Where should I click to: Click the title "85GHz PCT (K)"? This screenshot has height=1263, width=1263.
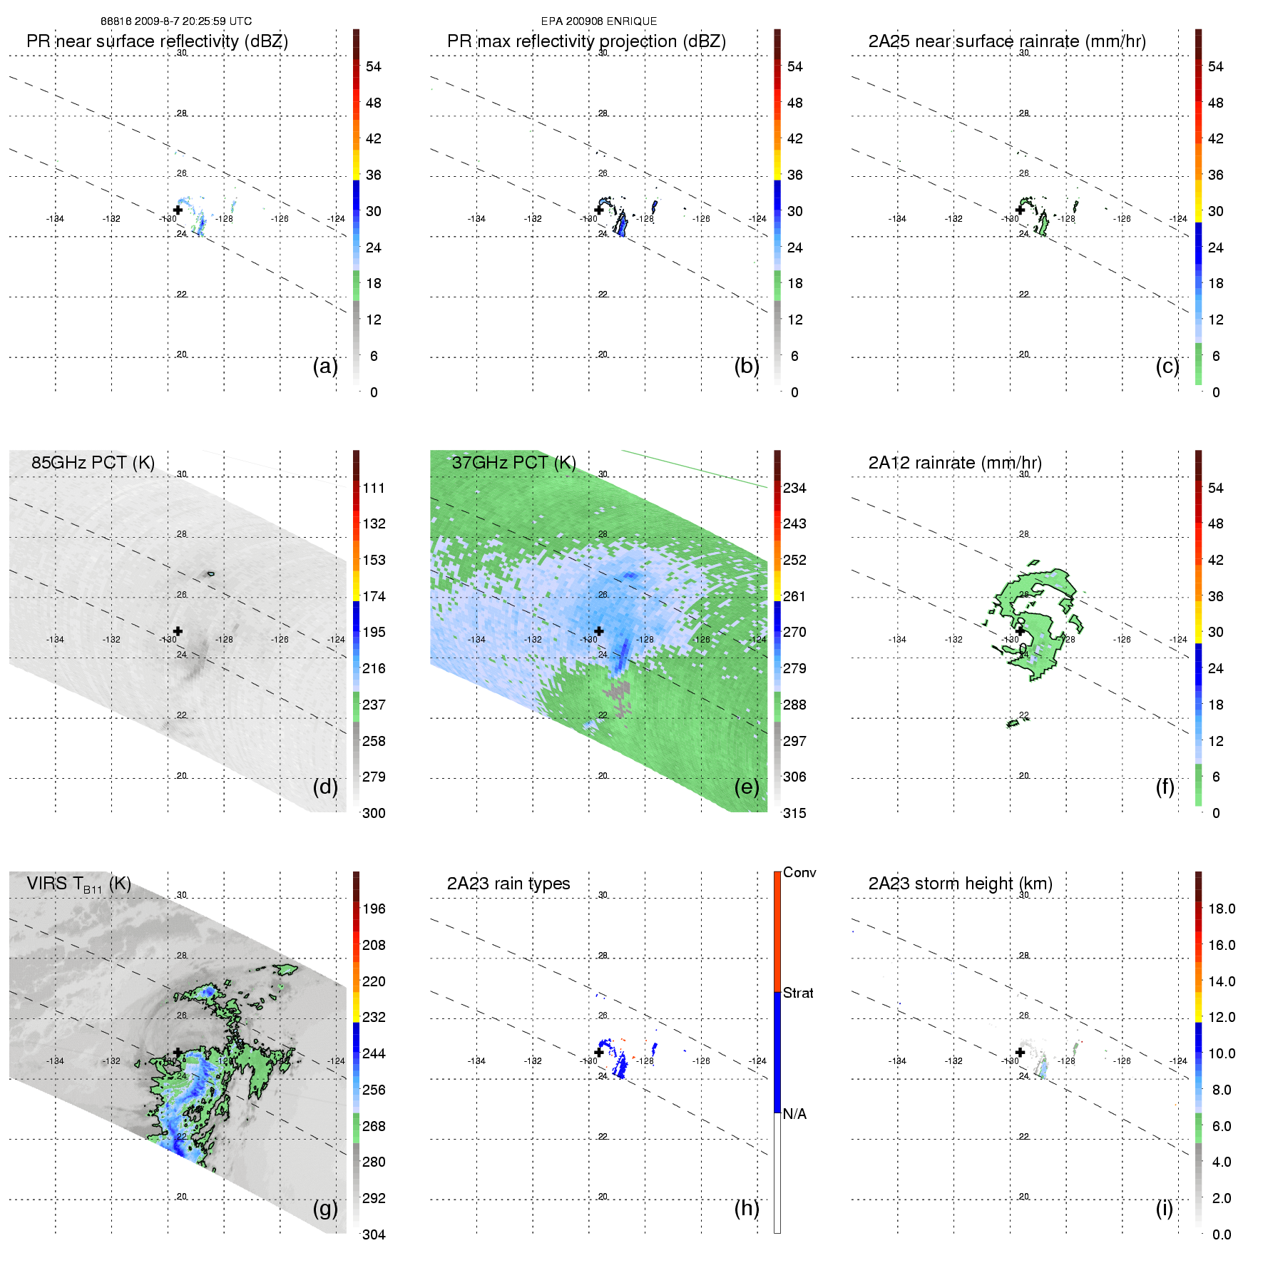coord(93,463)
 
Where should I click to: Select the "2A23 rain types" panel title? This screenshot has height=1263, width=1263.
coord(508,884)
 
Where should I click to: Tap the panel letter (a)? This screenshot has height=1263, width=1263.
coord(324,367)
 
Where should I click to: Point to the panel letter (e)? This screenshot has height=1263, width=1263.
coord(746,787)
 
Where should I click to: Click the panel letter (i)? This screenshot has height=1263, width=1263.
coord(1164,1208)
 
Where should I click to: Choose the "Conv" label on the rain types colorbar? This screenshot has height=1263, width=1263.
coord(799,873)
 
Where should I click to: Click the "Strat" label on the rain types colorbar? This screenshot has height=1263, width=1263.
coord(797,993)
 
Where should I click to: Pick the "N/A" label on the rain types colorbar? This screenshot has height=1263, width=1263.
coord(794,1114)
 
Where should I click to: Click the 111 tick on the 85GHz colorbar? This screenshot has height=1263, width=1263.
coord(374,488)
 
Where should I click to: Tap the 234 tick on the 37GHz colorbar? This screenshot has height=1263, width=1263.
coord(794,488)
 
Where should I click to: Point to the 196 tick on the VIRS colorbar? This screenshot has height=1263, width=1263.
coord(374,909)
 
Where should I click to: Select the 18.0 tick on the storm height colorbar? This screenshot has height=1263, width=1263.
coord(1221,909)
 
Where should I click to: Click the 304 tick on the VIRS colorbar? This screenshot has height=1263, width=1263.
coord(374,1234)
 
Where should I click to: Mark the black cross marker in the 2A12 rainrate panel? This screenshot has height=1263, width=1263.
coord(1020,631)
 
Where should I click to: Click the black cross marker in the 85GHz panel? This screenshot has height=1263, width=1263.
coord(178,631)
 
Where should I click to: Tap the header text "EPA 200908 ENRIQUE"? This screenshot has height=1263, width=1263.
coord(599,21)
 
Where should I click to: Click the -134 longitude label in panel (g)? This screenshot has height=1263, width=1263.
coord(55,1061)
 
